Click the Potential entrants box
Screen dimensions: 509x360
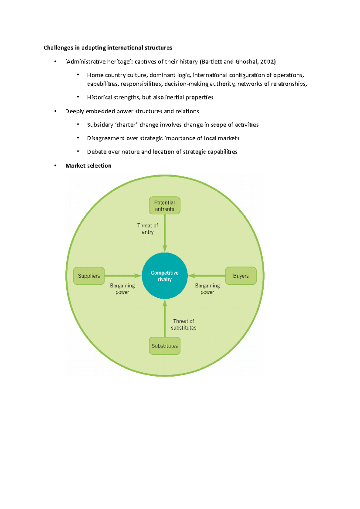click(x=164, y=206)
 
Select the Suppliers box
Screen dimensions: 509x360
click(x=89, y=276)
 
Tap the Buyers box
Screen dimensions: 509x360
click(x=241, y=276)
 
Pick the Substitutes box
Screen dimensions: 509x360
click(x=164, y=346)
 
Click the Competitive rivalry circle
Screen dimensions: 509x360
click(x=164, y=276)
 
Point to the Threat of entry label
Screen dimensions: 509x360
click(x=147, y=229)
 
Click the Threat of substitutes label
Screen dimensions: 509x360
click(x=184, y=324)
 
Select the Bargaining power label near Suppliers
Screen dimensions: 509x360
click(x=122, y=289)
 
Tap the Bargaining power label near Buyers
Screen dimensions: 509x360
click(x=207, y=289)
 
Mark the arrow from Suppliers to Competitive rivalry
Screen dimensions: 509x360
click(x=123, y=276)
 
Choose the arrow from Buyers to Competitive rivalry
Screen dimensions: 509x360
click(x=207, y=276)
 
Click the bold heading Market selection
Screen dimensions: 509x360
click(x=88, y=166)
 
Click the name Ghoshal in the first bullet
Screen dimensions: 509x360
click(x=246, y=62)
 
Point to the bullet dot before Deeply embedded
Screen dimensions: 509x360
click(x=55, y=111)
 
